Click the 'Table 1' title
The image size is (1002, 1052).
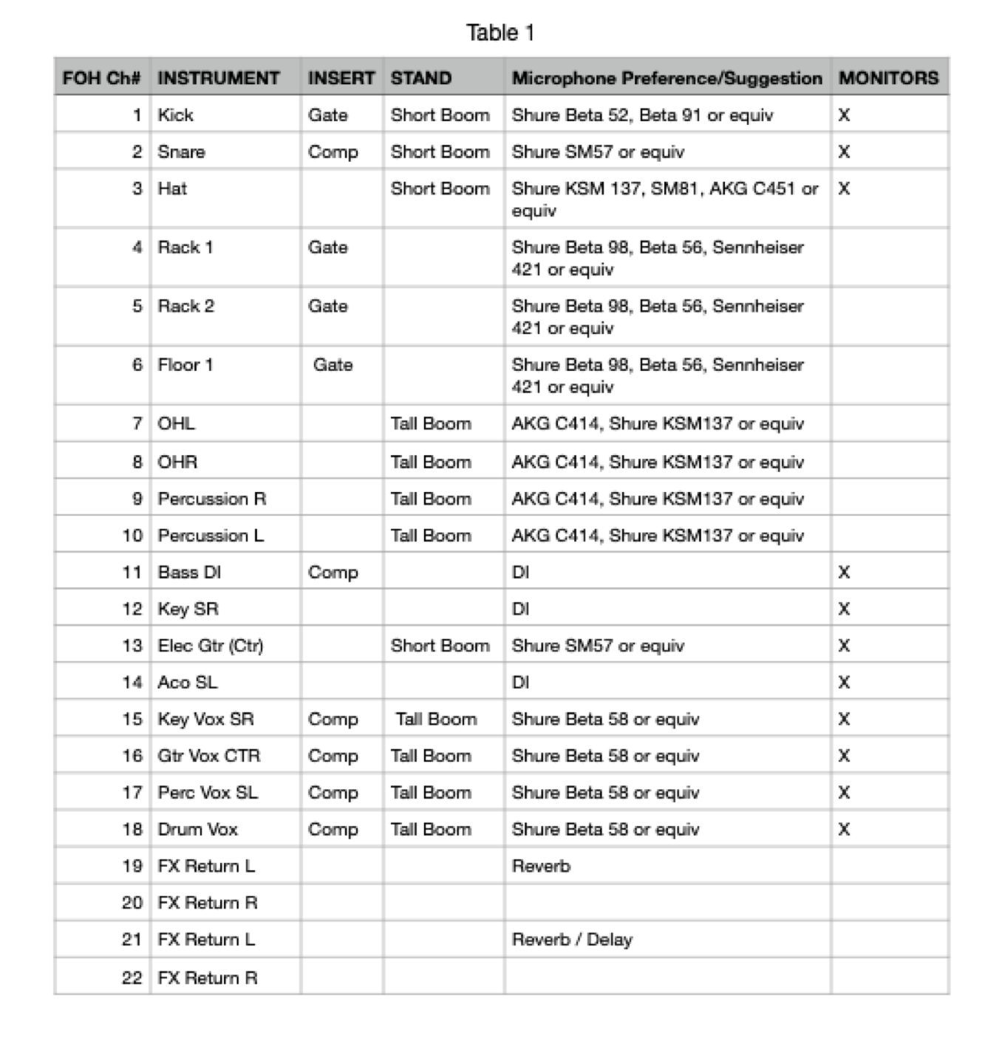500,33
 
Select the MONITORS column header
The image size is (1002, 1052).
888,78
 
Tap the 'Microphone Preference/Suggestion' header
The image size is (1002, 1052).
667,78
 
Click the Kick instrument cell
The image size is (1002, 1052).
175,115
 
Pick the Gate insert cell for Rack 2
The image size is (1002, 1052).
327,306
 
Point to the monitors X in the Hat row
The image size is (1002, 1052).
844,188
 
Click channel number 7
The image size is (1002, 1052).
137,423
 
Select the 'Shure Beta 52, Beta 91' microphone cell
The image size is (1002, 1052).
642,115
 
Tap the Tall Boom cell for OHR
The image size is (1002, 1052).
431,462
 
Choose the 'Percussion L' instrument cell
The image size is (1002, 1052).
211,536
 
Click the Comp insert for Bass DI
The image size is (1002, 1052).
333,573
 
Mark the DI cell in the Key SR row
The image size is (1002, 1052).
520,609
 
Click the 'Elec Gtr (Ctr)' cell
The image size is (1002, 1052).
211,646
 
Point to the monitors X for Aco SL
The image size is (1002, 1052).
844,682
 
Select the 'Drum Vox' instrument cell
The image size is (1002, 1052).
197,829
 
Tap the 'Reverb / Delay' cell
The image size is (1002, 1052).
572,940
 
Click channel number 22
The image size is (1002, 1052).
132,977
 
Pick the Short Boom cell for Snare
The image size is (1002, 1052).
440,151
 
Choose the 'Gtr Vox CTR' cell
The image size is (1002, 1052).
209,756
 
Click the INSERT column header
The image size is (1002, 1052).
341,78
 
